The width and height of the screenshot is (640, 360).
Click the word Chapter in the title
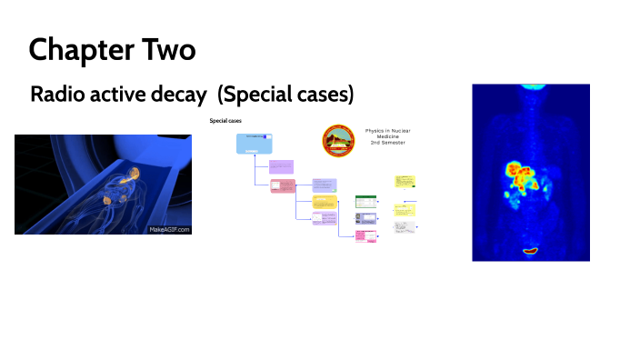74,49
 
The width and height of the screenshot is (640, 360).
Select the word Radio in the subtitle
56,95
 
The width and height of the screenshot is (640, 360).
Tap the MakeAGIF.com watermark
168,229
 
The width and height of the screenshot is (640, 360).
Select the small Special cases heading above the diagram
225,120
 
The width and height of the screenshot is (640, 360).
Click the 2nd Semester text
387,144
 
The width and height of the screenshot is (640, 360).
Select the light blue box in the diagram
255,144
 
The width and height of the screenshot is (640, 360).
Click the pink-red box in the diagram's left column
283,185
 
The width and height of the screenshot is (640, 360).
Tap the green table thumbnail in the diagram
365,201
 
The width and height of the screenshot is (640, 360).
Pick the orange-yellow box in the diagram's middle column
325,202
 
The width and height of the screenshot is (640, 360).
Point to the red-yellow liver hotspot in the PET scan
522,174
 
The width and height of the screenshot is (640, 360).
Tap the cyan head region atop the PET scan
530,86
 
